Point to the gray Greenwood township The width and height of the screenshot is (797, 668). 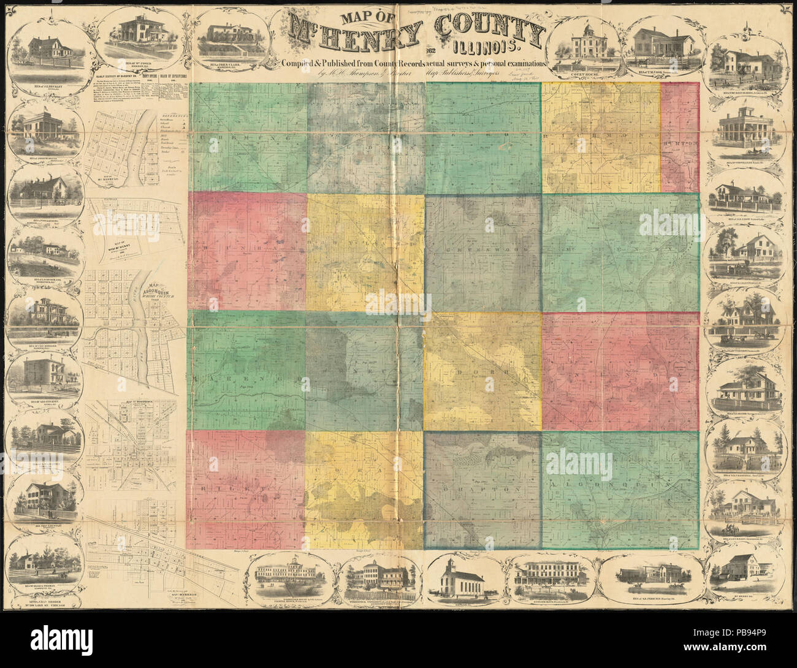pyautogui.click(x=483, y=251)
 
